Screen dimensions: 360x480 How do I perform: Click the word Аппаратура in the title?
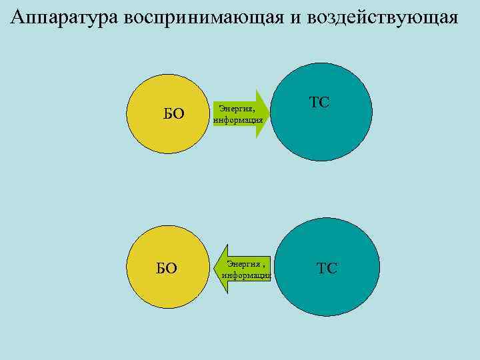(x=65, y=17)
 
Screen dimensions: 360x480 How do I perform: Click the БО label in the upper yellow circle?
(x=173, y=114)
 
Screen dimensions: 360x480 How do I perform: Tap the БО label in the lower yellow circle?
(x=167, y=268)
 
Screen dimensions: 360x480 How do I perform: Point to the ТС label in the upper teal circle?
(x=319, y=103)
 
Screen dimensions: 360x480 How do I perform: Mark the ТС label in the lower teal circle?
(x=327, y=268)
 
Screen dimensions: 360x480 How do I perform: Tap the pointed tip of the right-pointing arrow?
(x=271, y=114)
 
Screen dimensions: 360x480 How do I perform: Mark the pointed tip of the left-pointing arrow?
(x=213, y=269)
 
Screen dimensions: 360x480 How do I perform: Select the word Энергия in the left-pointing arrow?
(x=247, y=264)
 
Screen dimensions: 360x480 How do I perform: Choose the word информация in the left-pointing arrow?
(x=247, y=275)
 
